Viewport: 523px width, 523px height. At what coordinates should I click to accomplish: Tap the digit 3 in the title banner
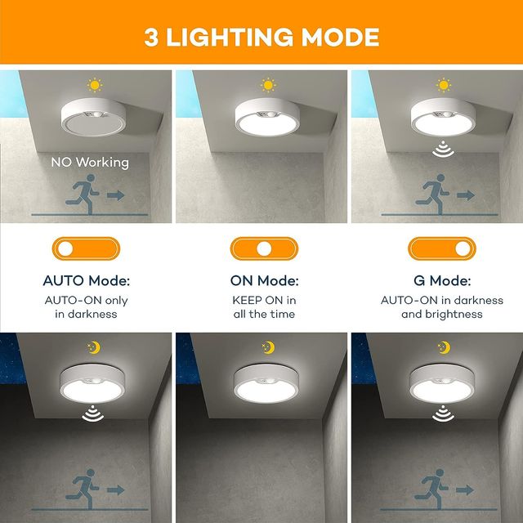pos(151,37)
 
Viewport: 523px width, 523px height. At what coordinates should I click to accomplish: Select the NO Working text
pos(90,162)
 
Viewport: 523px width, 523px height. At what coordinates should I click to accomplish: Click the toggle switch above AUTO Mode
pos(86,248)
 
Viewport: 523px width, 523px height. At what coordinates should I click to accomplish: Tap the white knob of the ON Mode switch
pos(263,248)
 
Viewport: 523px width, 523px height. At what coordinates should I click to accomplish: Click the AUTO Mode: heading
pos(86,280)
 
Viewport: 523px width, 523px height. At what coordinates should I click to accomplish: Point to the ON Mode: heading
pos(264,280)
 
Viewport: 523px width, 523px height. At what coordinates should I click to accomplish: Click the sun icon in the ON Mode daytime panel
pos(268,84)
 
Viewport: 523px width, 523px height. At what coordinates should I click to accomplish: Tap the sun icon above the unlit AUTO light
pos(94,84)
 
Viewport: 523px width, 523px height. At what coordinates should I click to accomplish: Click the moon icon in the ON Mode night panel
pos(268,347)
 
